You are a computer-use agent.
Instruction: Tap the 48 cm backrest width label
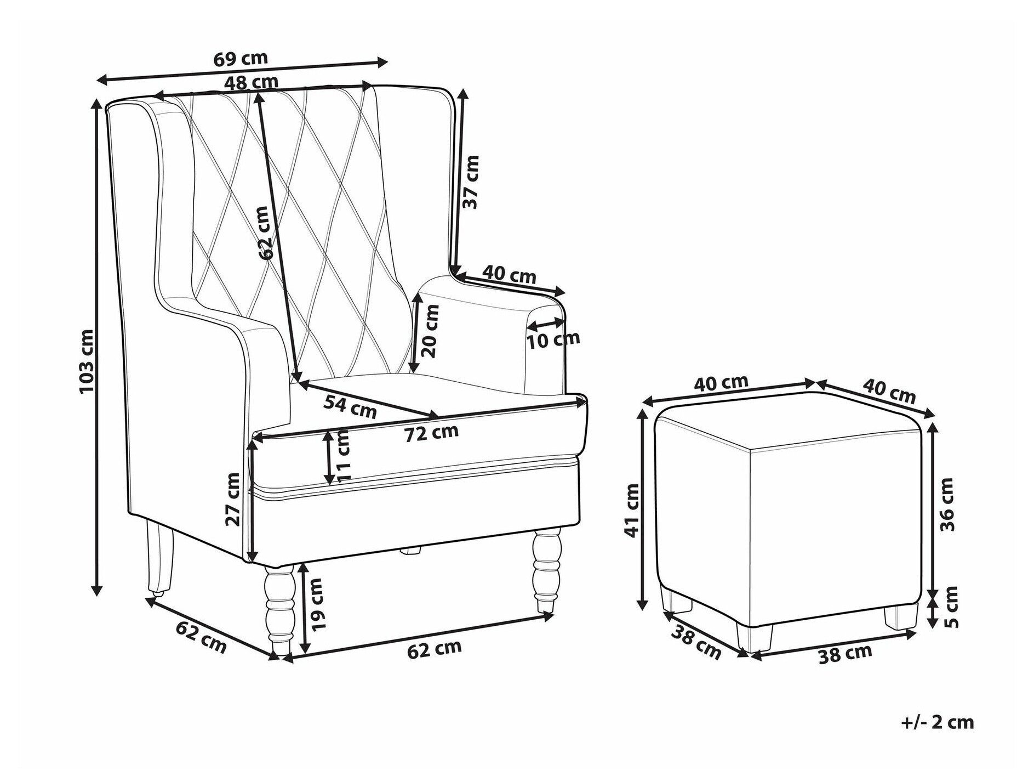coord(251,82)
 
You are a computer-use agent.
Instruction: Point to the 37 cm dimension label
coord(471,182)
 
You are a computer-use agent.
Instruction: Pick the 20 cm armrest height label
coord(431,331)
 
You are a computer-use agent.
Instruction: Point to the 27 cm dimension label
coord(232,499)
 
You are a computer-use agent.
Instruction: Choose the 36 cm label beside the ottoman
coord(947,504)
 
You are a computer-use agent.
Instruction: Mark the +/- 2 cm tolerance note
coord(938,722)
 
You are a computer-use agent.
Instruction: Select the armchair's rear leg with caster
coord(159,559)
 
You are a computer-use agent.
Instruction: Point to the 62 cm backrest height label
coord(264,233)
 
